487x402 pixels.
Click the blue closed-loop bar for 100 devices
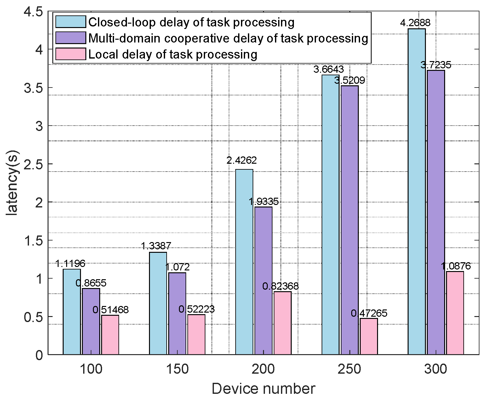click(x=72, y=312)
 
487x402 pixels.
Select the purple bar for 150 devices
click(x=177, y=314)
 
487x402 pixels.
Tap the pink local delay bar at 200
click(x=282, y=323)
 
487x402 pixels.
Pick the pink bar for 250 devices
click(x=369, y=336)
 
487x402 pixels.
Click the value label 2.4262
click(x=242, y=161)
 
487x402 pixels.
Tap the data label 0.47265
click(x=369, y=313)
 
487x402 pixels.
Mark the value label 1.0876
click(x=455, y=266)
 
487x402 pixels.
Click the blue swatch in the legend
click(x=71, y=22)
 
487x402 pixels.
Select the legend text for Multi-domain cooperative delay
click(x=228, y=38)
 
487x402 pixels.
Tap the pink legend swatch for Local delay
click(x=71, y=54)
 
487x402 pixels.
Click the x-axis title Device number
click(x=263, y=389)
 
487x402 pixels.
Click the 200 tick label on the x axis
click(x=263, y=369)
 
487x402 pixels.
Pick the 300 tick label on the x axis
click(x=435, y=369)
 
